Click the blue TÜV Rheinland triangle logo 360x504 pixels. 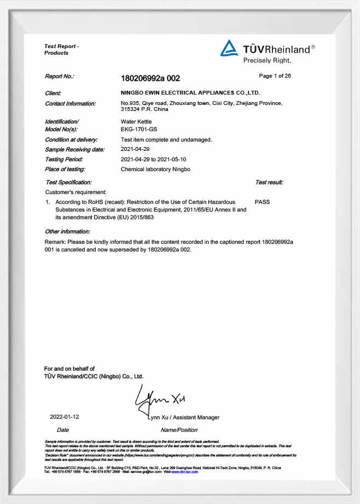[x=229, y=49]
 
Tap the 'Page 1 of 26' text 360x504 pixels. [x=275, y=76]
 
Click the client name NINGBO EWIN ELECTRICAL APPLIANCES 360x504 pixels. [x=190, y=93]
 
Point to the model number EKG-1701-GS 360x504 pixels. [x=138, y=130]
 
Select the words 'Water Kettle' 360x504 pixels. [x=136, y=121]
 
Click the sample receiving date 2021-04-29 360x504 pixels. [x=135, y=149]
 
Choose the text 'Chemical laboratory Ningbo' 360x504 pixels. [x=155, y=169]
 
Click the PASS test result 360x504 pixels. [x=262, y=202]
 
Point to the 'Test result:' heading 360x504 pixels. [x=269, y=182]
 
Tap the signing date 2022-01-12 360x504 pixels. [x=65, y=417]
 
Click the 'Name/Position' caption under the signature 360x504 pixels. [x=179, y=430]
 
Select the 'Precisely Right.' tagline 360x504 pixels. [x=267, y=60]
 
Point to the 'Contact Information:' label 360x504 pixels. [x=70, y=103]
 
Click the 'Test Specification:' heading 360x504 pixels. [x=68, y=182]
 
